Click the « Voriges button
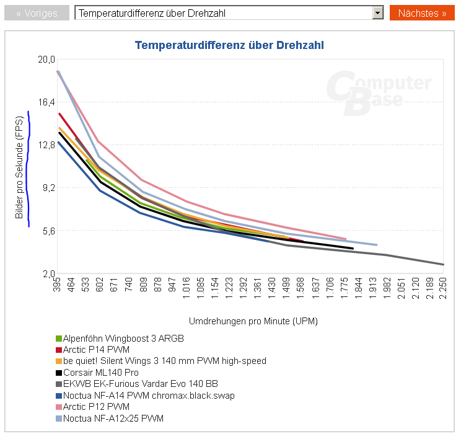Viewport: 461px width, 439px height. (37, 13)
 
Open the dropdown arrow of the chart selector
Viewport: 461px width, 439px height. (377, 13)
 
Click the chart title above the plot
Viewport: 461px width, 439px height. (229, 45)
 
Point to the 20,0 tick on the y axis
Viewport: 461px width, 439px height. (47, 60)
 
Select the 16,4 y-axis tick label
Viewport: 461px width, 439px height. (47, 102)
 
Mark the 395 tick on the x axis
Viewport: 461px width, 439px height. (58, 286)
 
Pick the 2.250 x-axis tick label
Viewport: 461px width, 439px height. (443, 290)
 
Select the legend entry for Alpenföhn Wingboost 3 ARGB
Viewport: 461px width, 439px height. (123, 339)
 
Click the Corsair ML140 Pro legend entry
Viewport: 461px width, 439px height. (100, 373)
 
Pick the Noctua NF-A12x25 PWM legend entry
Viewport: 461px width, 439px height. (113, 419)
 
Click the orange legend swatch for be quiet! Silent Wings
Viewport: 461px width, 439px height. (59, 361)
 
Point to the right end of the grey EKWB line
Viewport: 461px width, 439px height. (443, 265)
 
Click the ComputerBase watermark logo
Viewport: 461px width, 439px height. (379, 93)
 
